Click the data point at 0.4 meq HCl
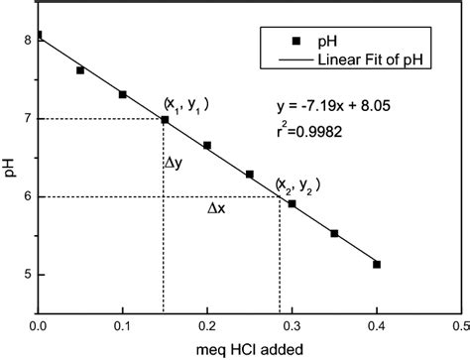point(377,264)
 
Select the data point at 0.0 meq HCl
point(39,36)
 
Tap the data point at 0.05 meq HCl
point(80,70)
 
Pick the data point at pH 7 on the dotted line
point(165,119)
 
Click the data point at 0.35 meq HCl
point(334,233)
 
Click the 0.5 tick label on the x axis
point(460,324)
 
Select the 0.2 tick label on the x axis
point(206,324)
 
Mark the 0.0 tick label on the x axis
point(38,324)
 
